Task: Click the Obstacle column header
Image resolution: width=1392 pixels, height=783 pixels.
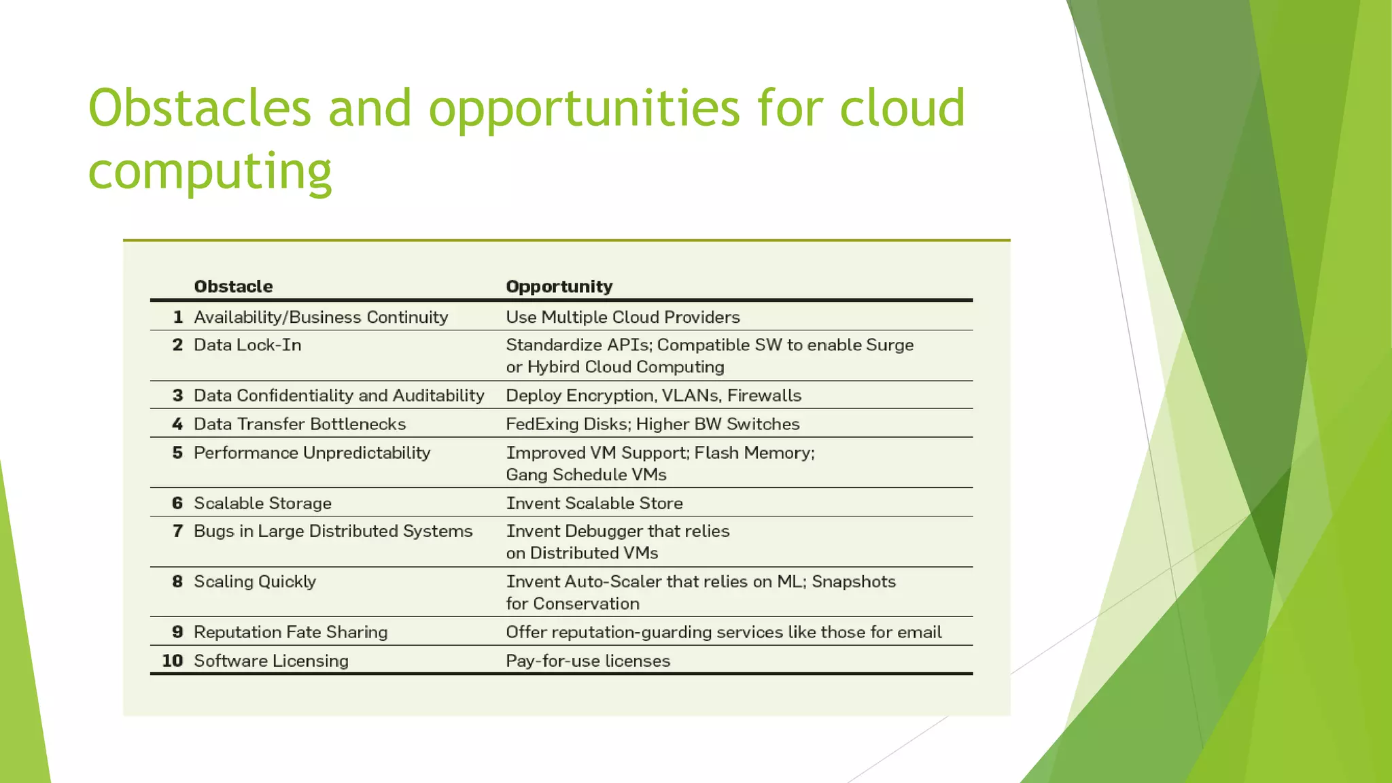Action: point(233,286)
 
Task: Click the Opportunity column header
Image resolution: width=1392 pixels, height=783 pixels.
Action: point(559,286)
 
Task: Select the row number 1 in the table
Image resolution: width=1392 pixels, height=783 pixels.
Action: point(178,317)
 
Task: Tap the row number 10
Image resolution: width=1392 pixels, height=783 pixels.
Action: point(173,661)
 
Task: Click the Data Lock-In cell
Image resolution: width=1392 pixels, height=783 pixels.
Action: point(247,345)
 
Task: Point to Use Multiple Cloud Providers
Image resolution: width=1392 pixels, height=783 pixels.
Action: point(623,317)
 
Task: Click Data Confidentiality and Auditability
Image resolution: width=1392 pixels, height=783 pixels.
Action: point(338,396)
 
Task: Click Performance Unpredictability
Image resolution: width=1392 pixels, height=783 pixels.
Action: point(312,453)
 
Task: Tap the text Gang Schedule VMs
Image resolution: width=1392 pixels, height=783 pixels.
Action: point(586,474)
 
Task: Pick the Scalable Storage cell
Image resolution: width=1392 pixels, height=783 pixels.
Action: point(262,503)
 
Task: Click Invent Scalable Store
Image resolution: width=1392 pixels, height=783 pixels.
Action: point(594,503)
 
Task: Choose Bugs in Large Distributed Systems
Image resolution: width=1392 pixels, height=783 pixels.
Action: point(333,531)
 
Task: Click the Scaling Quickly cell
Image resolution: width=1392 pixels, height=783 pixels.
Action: point(255,582)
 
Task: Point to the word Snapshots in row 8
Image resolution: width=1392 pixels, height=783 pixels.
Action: point(854,582)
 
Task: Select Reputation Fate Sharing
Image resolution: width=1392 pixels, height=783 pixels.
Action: point(290,632)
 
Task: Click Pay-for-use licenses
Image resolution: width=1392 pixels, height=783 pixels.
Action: point(588,661)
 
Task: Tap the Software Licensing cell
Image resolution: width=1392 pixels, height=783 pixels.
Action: point(271,661)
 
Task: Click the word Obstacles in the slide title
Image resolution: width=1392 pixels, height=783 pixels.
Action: point(200,109)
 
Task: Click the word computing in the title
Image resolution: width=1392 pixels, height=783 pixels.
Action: point(210,171)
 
